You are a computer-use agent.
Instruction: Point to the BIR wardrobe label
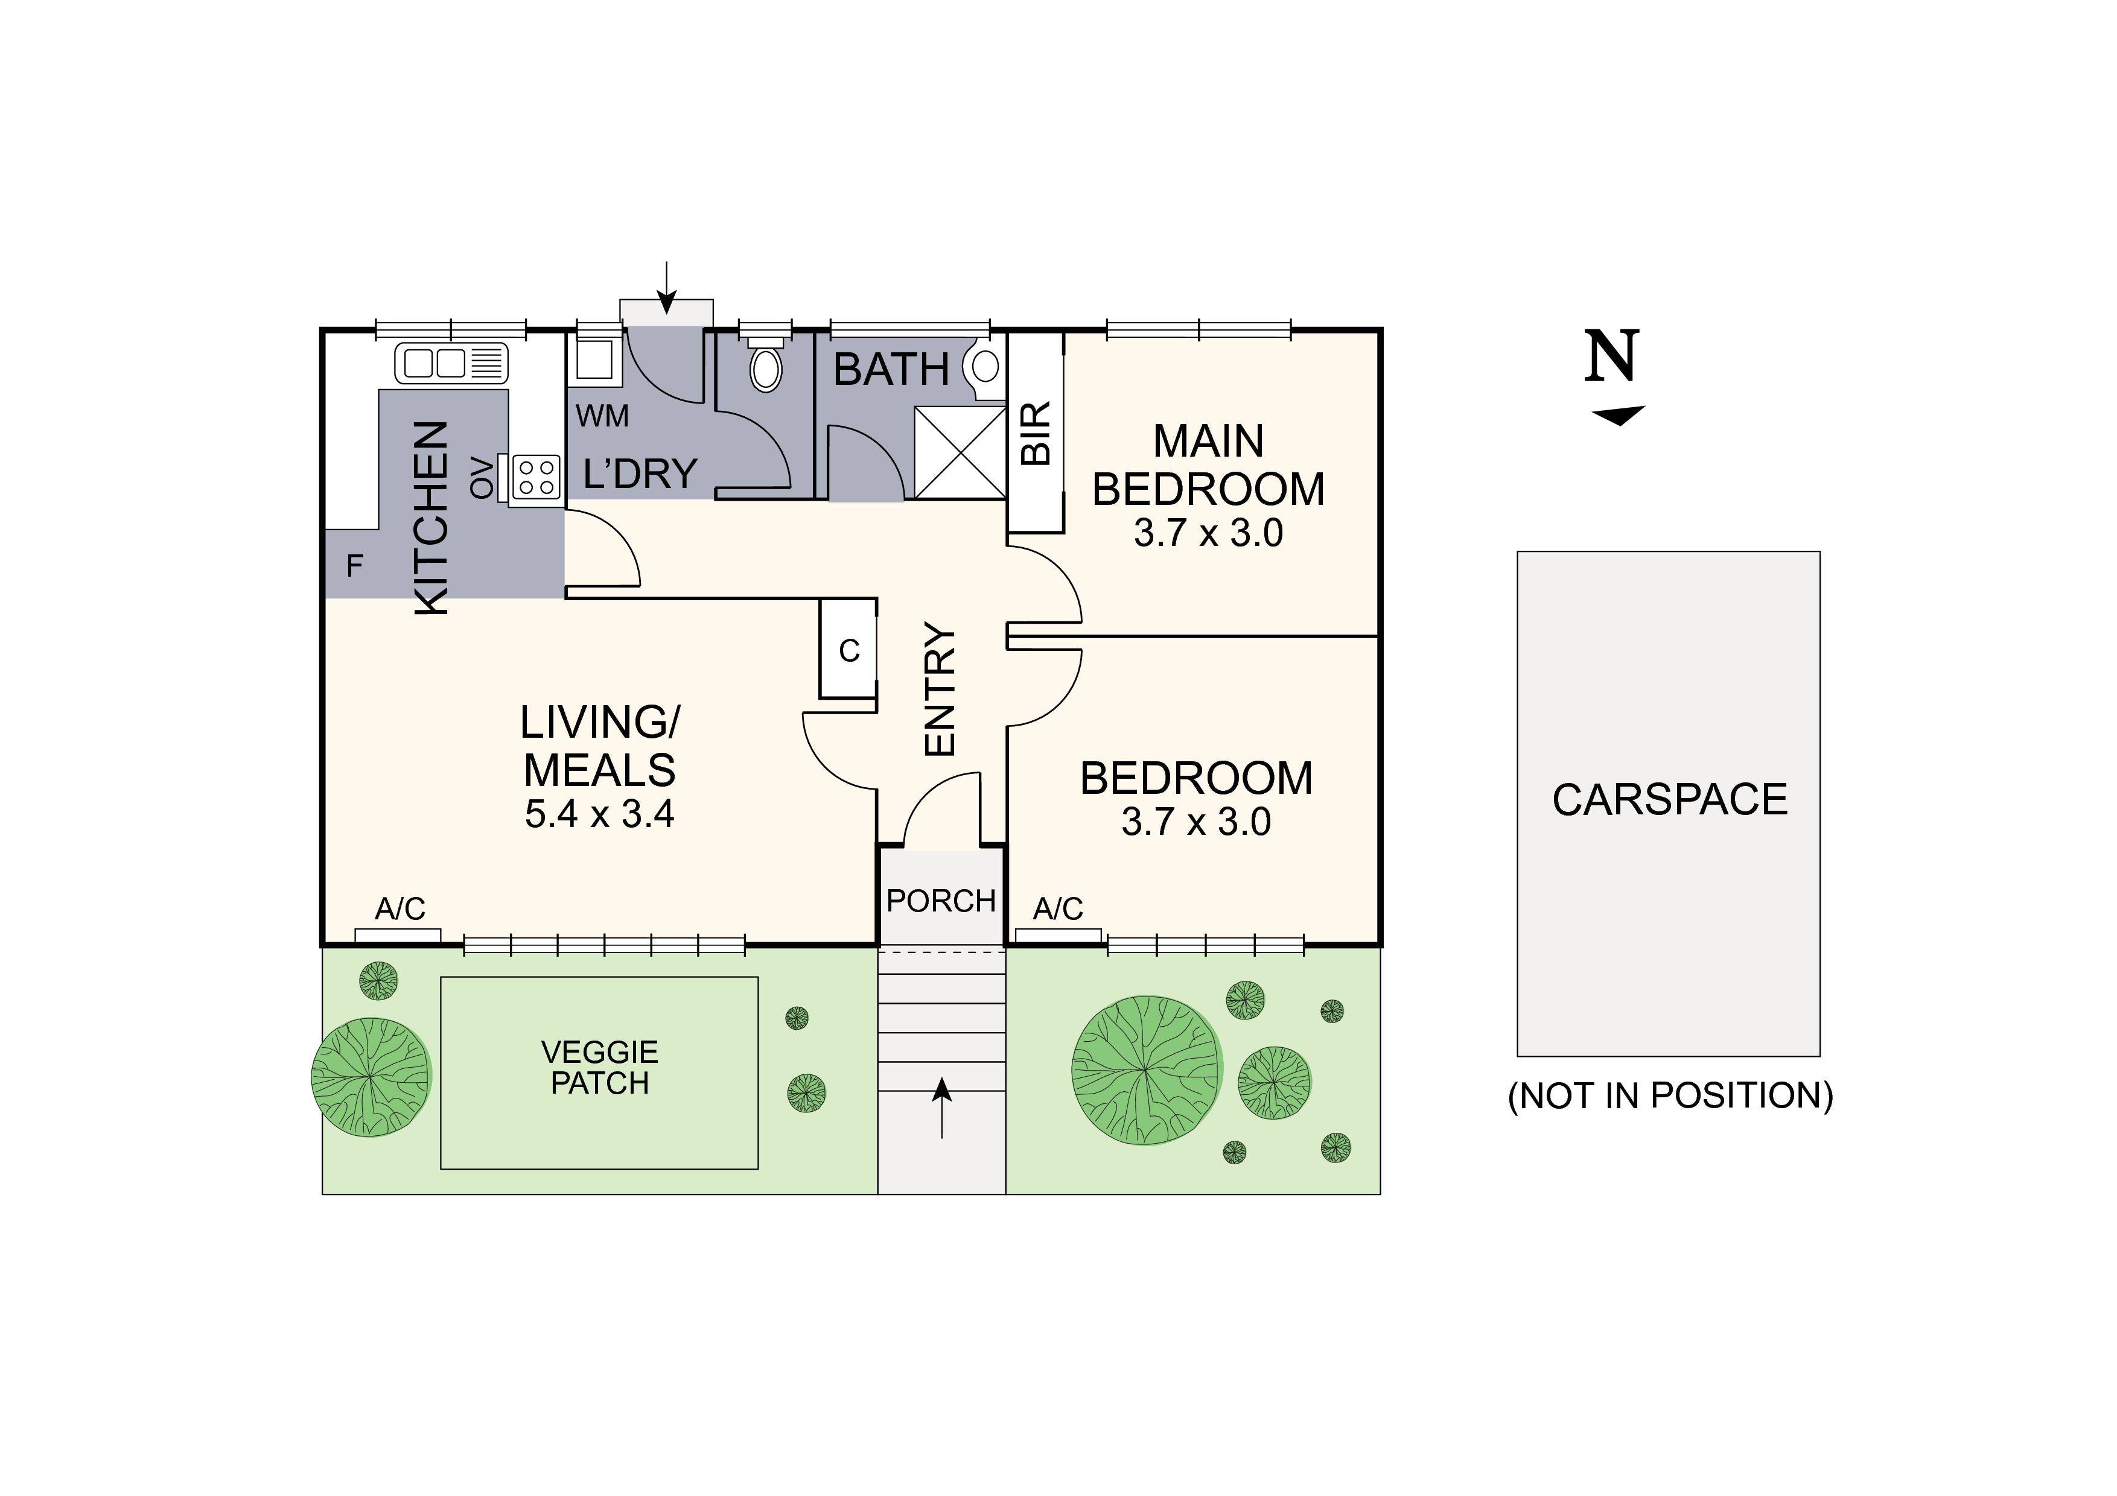[x=1036, y=433]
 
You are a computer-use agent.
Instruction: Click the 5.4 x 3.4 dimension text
[x=599, y=814]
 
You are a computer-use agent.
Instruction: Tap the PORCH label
[x=940, y=901]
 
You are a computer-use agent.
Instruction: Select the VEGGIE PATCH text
[x=599, y=1067]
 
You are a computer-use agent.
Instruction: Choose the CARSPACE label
[x=1669, y=799]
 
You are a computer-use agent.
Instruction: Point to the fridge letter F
[x=354, y=566]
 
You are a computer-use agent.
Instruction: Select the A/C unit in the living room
[x=398, y=934]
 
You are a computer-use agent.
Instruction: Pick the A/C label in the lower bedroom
[x=1057, y=910]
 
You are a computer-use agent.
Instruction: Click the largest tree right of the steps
[x=1145, y=1070]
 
